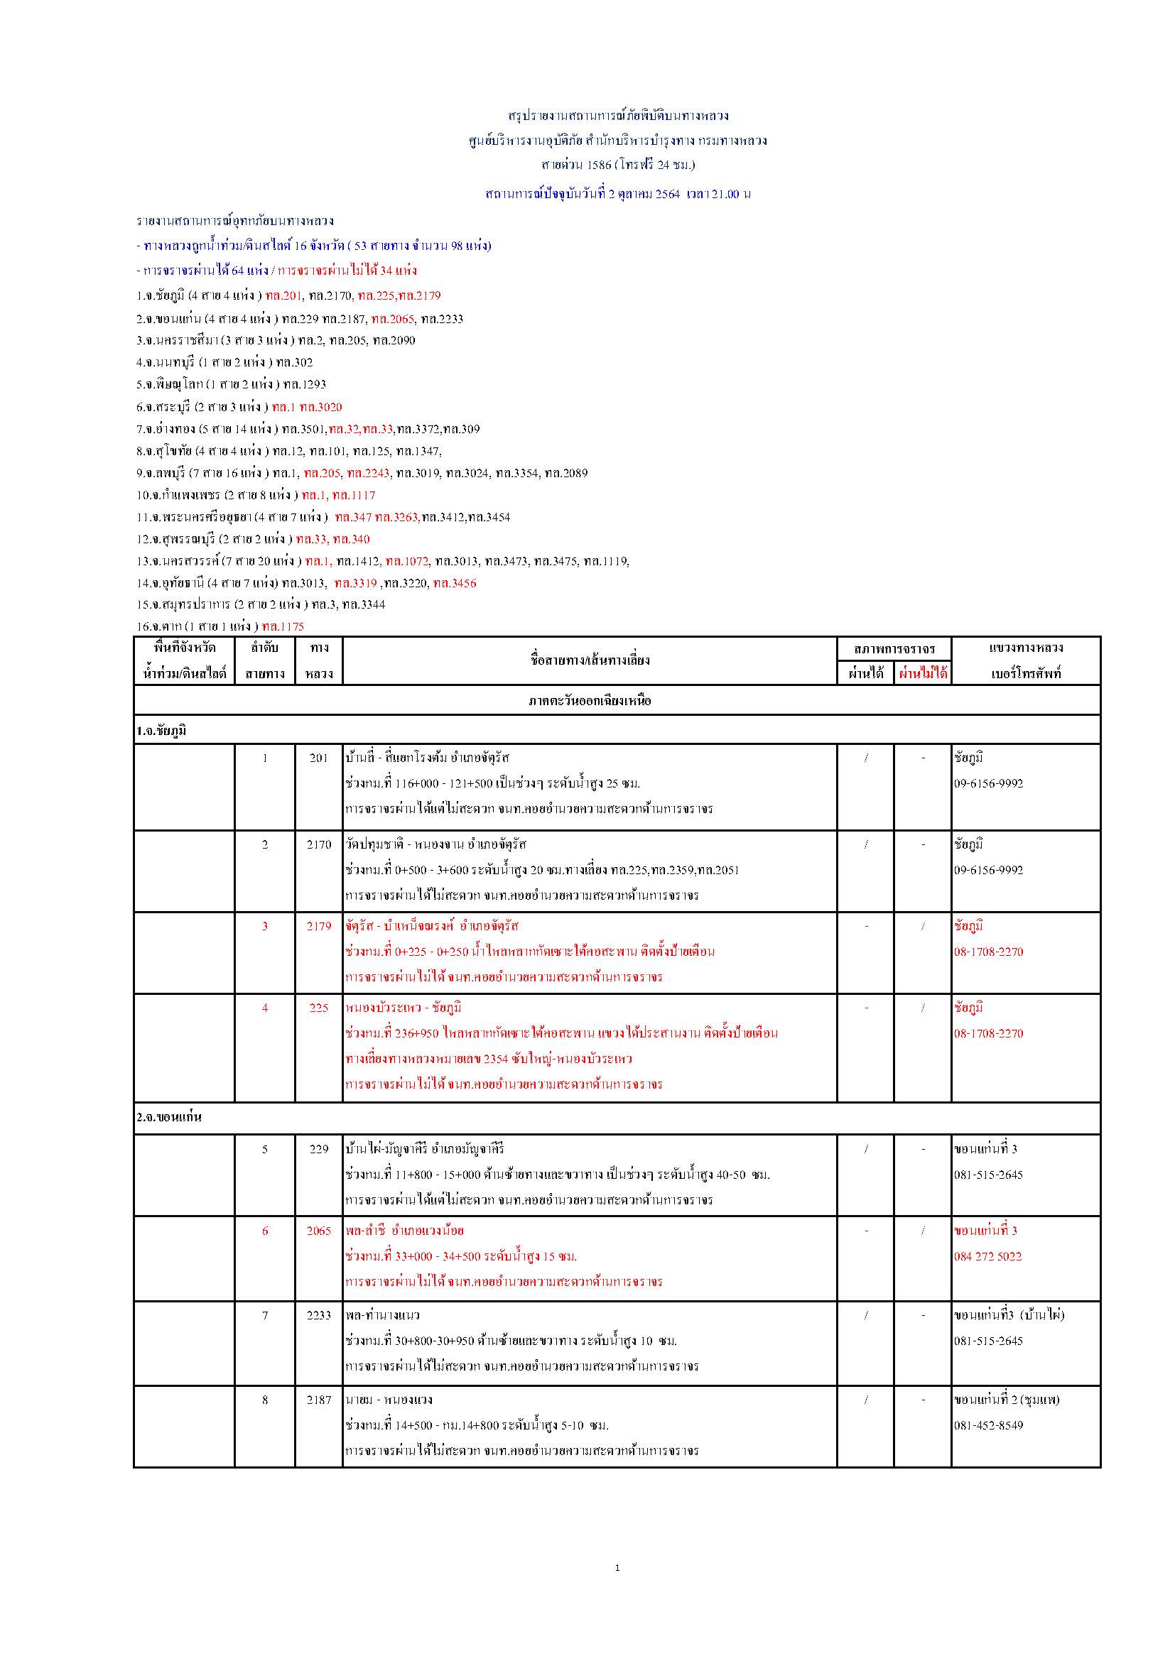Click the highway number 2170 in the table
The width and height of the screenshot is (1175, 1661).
tap(318, 844)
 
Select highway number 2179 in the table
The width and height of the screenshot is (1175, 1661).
tap(318, 926)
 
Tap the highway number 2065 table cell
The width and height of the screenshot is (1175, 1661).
tap(318, 1231)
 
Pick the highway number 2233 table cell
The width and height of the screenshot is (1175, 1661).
tap(318, 1315)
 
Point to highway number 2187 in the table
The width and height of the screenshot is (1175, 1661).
tap(318, 1400)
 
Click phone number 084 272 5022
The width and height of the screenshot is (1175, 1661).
tap(987, 1257)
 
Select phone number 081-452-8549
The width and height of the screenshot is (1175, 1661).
tap(987, 1426)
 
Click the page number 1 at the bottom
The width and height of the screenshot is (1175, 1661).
tap(617, 1568)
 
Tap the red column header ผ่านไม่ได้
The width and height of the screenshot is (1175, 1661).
tap(923, 673)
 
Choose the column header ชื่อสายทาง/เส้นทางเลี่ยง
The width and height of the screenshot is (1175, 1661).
tap(590, 660)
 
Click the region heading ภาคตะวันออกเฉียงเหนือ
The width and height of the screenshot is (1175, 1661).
tap(590, 700)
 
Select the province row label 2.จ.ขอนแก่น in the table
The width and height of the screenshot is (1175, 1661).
tap(168, 1117)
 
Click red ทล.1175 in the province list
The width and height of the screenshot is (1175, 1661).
tap(283, 626)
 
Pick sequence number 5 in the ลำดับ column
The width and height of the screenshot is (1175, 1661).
tap(265, 1149)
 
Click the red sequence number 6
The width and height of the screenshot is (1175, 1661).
tap(265, 1231)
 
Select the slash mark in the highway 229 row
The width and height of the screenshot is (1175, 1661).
tap(866, 1149)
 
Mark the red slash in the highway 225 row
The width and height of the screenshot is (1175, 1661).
tap(923, 1008)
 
